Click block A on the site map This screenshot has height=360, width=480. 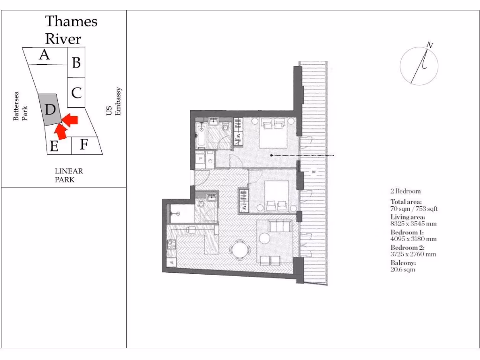[x=45, y=55]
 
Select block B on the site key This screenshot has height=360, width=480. [x=76, y=62]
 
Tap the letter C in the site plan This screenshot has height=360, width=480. [x=76, y=92]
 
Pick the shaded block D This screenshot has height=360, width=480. [x=50, y=110]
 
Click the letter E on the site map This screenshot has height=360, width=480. [x=54, y=147]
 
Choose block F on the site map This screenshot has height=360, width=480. [x=84, y=144]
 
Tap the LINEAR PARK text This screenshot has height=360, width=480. [x=68, y=175]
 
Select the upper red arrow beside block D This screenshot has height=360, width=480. [x=70, y=120]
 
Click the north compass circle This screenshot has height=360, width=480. [x=419, y=66]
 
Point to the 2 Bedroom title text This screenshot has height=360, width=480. [x=405, y=191]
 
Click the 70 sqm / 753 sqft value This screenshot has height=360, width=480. [x=414, y=209]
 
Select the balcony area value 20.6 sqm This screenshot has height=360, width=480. [x=403, y=270]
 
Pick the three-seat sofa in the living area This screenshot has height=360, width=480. [x=279, y=227]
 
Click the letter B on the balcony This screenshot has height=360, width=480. [x=313, y=172]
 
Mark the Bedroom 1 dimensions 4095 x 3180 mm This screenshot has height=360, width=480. [x=413, y=239]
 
